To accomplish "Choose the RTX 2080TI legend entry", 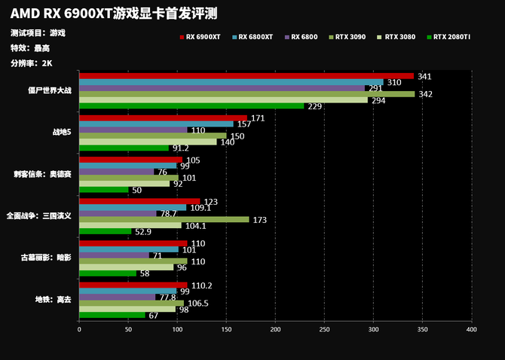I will point(451,36).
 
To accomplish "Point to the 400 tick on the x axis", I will point(471,329).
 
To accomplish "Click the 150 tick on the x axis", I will point(226,329).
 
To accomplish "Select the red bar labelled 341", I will point(246,76).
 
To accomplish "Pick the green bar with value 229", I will point(191,106).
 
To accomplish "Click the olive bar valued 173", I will point(164,219).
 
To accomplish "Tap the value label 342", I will point(424,94).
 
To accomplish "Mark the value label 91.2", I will point(181,148).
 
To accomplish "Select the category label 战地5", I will point(61,133).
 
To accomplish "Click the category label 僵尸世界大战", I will point(49,90).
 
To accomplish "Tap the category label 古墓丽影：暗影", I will point(47,258).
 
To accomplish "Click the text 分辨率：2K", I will point(32,63).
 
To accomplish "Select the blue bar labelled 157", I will point(156,124).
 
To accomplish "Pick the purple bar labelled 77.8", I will point(117,297).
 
